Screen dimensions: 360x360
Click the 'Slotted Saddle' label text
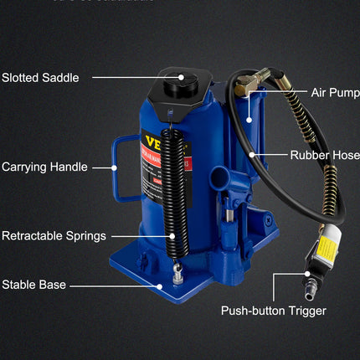click(40, 78)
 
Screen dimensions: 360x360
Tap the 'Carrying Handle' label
click(44, 167)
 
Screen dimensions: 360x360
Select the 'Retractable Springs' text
click(52, 235)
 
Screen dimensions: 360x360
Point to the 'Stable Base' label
click(33, 285)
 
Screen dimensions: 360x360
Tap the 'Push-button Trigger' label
click(273, 311)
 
